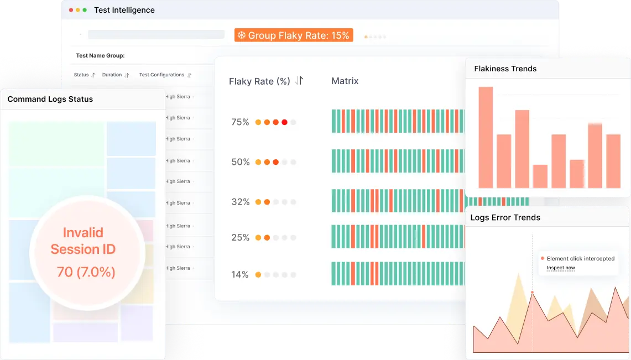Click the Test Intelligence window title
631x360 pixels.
coord(124,10)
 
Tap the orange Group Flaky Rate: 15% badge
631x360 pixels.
coord(294,35)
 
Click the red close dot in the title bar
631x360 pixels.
coord(71,10)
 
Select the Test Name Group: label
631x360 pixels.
coord(100,56)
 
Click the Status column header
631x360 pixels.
coord(81,75)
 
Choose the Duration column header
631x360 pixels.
coord(112,75)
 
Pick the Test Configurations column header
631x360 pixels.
coord(161,75)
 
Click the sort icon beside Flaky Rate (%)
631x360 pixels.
coord(299,81)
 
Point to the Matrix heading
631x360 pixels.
coord(345,81)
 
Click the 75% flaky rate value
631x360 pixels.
coord(240,122)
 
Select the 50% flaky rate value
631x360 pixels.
coord(240,162)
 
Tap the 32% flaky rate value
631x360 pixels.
coord(240,202)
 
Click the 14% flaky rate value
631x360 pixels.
coord(240,274)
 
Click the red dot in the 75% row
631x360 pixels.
coord(284,122)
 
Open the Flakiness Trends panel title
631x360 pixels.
coord(505,69)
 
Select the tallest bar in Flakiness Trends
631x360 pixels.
coord(486,137)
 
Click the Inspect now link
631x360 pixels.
coord(561,268)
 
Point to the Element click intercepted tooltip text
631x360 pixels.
coord(581,258)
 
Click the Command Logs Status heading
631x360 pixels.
coord(50,99)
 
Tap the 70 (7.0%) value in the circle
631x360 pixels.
coord(86,272)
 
